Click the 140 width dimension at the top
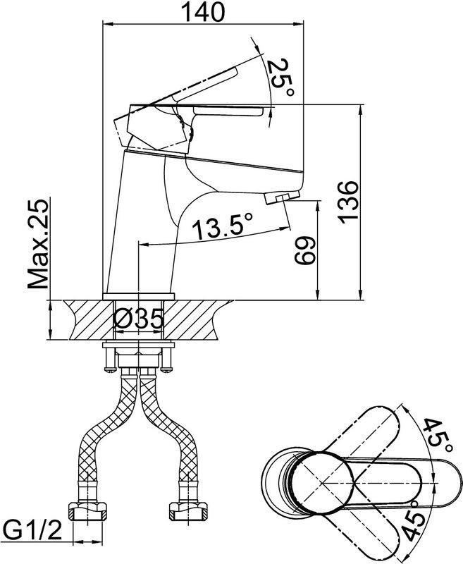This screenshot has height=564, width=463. [x=203, y=12]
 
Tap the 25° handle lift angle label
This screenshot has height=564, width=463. [x=281, y=78]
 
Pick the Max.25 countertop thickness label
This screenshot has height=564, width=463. [x=38, y=244]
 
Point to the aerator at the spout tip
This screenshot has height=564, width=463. [x=282, y=197]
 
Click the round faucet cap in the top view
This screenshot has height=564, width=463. [x=322, y=483]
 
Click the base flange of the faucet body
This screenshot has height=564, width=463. [x=139, y=296]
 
